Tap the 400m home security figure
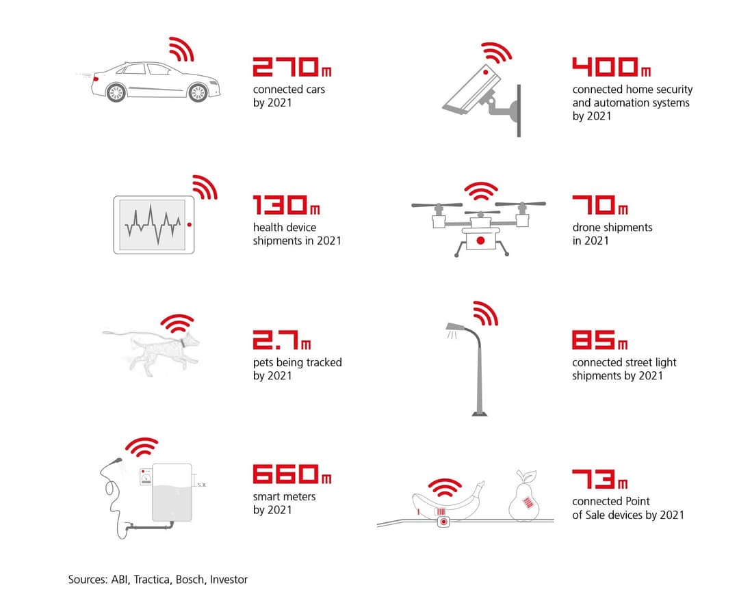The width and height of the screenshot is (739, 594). pyautogui.click(x=611, y=67)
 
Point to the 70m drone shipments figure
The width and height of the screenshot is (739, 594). pyautogui.click(x=599, y=205)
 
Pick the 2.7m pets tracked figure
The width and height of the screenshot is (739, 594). pyautogui.click(x=281, y=340)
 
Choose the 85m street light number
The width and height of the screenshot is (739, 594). pyautogui.click(x=599, y=340)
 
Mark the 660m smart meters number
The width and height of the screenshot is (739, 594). pyautogui.click(x=291, y=474)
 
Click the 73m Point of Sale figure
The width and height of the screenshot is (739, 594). pyautogui.click(x=599, y=478)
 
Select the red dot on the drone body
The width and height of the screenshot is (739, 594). pyautogui.click(x=480, y=241)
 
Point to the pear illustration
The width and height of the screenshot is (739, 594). pyautogui.click(x=525, y=498)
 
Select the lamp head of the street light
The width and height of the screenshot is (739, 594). pyautogui.click(x=453, y=326)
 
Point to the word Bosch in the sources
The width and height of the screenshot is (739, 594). pyautogui.click(x=190, y=580)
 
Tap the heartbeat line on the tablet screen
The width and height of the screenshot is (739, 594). pyautogui.click(x=152, y=224)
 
